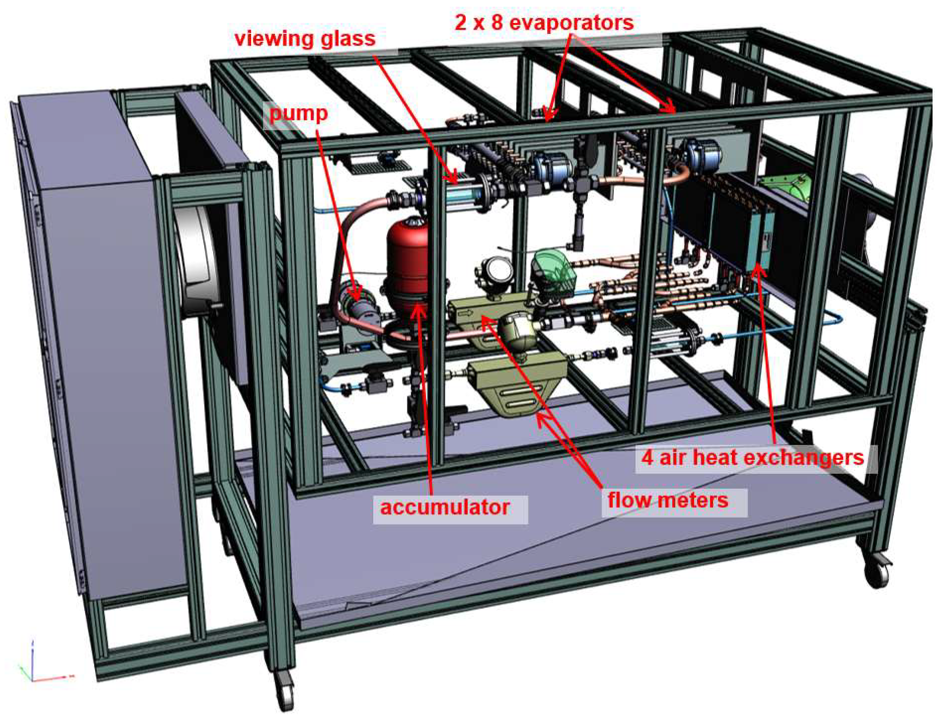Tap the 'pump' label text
[299, 114]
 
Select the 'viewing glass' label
[305, 39]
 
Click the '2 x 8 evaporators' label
[544, 22]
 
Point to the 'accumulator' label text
[445, 508]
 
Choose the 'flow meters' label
[668, 500]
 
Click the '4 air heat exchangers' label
[752, 457]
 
